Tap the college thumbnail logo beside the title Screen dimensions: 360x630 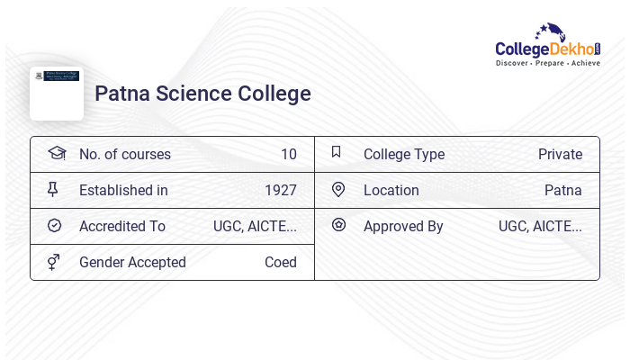57,93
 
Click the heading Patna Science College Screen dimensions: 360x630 202,94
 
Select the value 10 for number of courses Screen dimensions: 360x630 288,154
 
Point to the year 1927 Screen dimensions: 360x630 280,190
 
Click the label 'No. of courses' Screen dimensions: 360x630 124,154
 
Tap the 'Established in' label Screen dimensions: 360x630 123,190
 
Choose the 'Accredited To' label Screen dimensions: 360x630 122,226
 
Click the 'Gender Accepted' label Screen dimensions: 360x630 132,262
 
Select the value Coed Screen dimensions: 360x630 280,262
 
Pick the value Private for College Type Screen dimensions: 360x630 560,154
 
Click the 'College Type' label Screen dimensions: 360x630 403,154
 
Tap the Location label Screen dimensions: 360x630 391,190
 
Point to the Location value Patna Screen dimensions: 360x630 562,190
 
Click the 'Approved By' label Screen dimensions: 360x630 403,226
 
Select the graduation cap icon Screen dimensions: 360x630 56,153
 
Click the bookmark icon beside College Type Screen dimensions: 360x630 337,152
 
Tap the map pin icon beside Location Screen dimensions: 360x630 337,189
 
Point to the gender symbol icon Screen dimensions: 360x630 54,262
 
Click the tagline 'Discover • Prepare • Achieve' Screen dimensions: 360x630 547,63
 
